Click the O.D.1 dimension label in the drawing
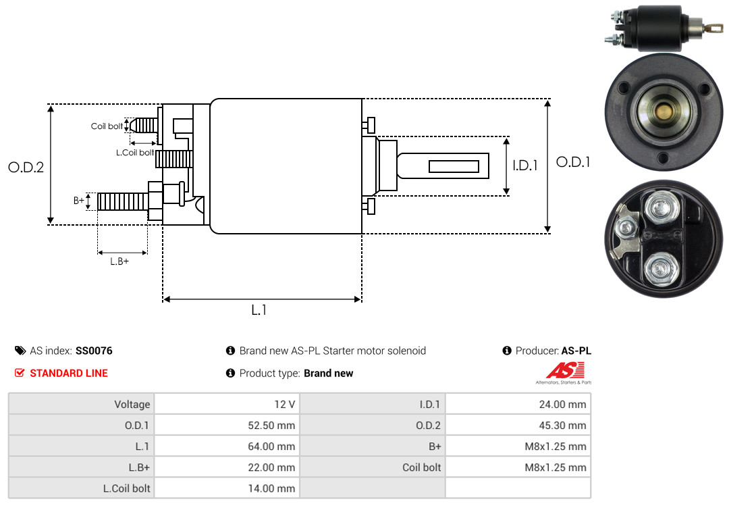572,162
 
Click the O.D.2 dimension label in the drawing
26,167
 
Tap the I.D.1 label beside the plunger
524,165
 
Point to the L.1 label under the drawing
259,310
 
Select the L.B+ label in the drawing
119,261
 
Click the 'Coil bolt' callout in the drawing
107,126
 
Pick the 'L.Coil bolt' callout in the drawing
135,153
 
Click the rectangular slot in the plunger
454,166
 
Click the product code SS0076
94,351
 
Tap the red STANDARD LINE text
68,373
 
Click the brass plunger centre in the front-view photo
663,111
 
